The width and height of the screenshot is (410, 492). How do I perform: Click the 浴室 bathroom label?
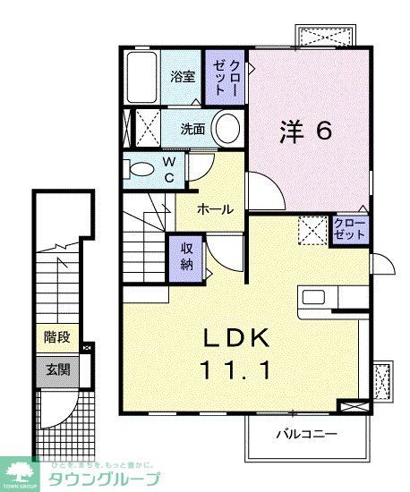pos(183,77)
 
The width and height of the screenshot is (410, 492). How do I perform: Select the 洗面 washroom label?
pos(192,129)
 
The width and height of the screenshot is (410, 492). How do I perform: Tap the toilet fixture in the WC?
pos(141,168)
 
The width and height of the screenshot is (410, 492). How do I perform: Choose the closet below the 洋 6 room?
pos(349,227)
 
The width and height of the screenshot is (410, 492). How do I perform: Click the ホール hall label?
pos(215,209)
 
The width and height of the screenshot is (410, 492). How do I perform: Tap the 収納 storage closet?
pos(187,257)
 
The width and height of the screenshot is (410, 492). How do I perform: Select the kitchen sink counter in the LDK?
pos(329,298)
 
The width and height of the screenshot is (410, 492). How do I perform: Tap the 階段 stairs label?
pos(56,338)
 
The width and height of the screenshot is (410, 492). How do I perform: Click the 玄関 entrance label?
pos(56,368)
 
